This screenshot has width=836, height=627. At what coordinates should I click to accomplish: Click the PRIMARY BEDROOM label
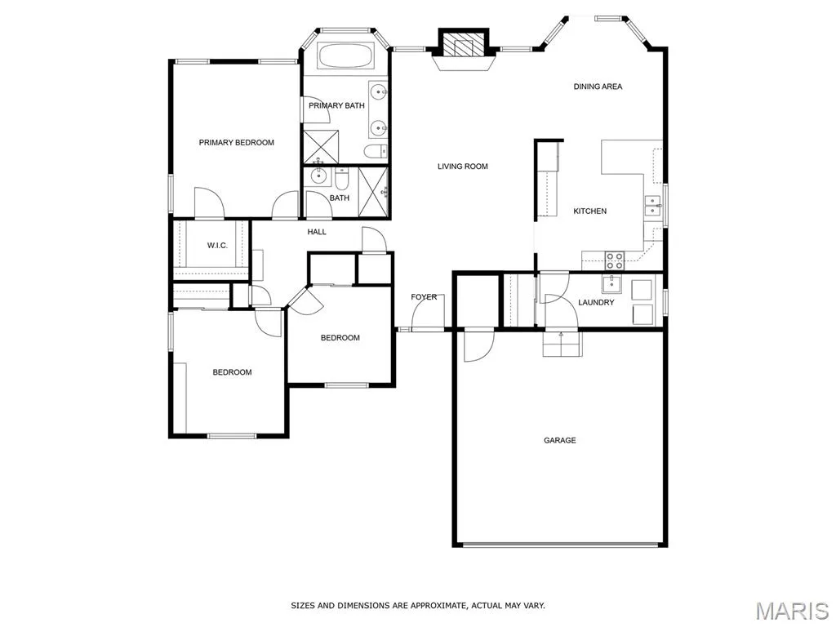click(x=236, y=142)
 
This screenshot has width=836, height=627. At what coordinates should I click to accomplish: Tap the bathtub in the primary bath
click(x=345, y=56)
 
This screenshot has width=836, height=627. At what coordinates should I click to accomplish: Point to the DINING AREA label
click(x=598, y=87)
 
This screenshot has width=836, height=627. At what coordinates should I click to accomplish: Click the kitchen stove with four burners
click(x=614, y=260)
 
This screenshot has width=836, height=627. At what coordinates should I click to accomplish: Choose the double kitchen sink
click(x=652, y=205)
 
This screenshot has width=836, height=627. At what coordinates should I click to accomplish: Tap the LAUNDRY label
click(x=596, y=302)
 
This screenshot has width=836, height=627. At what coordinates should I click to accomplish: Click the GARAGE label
click(x=560, y=440)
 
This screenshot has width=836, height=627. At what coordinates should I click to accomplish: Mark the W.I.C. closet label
click(x=217, y=245)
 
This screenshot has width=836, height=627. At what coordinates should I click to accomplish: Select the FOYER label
click(x=424, y=297)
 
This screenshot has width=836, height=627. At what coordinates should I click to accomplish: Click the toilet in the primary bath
click(x=376, y=151)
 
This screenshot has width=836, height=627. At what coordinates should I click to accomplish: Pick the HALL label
click(x=317, y=232)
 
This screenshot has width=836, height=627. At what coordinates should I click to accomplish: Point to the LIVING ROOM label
click(x=463, y=167)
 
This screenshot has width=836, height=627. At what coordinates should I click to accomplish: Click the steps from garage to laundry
click(x=563, y=344)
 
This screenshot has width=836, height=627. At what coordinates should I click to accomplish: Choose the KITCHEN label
click(x=589, y=211)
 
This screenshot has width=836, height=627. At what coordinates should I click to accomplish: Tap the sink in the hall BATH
click(x=318, y=176)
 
